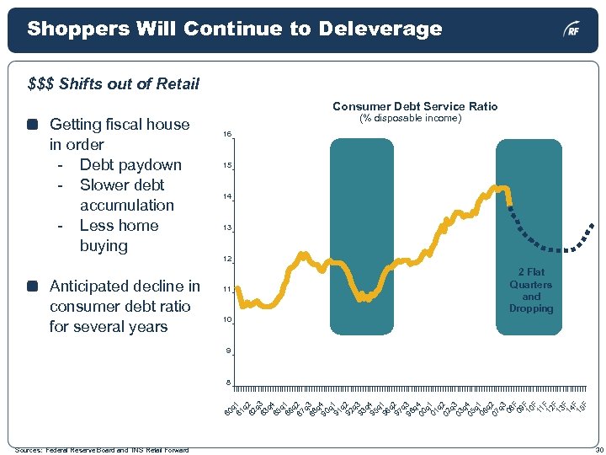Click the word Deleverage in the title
pos(380,29)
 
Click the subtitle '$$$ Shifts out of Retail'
pos(113,83)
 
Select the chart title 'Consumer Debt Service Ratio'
pos(415,106)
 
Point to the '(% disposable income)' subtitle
pos(411,118)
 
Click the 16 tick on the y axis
pos(226,135)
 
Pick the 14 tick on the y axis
pos(226,196)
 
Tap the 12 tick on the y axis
pos(226,258)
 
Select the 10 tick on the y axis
pos(226,320)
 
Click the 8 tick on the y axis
pos(226,383)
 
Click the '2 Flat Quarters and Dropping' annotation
pos(531,291)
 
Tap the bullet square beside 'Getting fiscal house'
pos(32,125)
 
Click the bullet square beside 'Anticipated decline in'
pos(32,286)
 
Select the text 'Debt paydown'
pos(130,164)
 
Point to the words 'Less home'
pos(119,225)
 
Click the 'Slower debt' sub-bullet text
pos(122,185)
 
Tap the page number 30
pos(597,449)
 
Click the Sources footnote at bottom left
pos(101,449)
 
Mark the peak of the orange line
pos(501,187)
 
